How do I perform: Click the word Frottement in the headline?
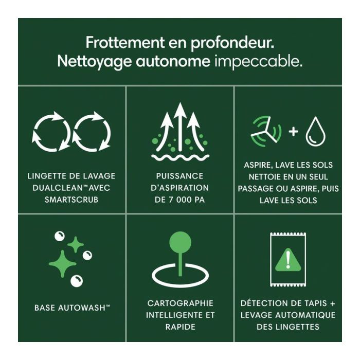(125, 42)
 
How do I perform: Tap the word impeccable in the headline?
(258, 62)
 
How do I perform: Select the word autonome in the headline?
(173, 62)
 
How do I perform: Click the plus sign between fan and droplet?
(294, 132)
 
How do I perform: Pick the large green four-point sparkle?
(62, 263)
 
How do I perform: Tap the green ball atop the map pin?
(180, 242)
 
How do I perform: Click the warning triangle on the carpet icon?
(288, 261)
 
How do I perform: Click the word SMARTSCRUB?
(71, 200)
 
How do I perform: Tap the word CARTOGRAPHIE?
(180, 303)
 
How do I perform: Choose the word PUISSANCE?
(180, 176)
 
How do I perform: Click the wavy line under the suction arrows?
(180, 157)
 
